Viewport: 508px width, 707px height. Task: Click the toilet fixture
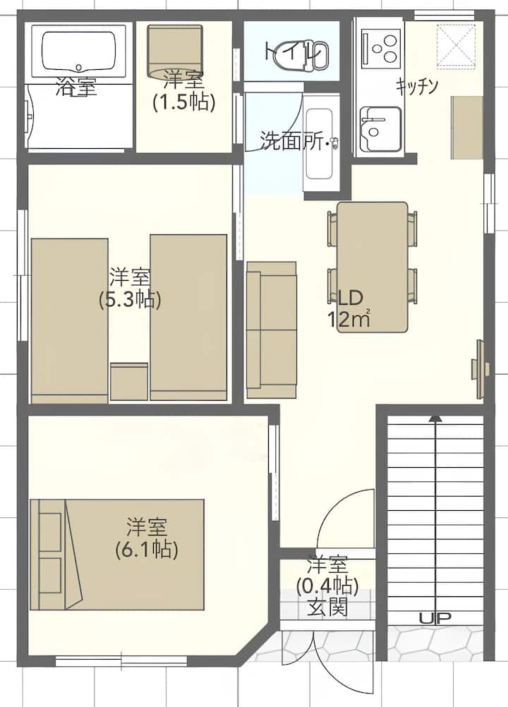(x=310, y=56)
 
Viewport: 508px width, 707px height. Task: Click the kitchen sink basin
(x=381, y=129)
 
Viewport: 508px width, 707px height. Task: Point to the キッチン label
(x=417, y=86)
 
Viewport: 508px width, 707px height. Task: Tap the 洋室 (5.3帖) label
(x=130, y=289)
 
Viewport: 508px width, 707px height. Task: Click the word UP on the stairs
(x=435, y=618)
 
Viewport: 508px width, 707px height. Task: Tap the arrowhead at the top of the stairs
(x=435, y=418)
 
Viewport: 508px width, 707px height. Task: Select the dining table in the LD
(x=373, y=267)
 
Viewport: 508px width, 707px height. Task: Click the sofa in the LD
(x=272, y=330)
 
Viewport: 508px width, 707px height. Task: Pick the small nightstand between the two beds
(x=129, y=382)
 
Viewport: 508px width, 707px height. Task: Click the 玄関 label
(x=327, y=608)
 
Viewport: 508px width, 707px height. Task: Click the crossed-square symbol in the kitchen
(x=456, y=47)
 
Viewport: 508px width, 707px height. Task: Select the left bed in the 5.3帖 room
(x=69, y=320)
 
